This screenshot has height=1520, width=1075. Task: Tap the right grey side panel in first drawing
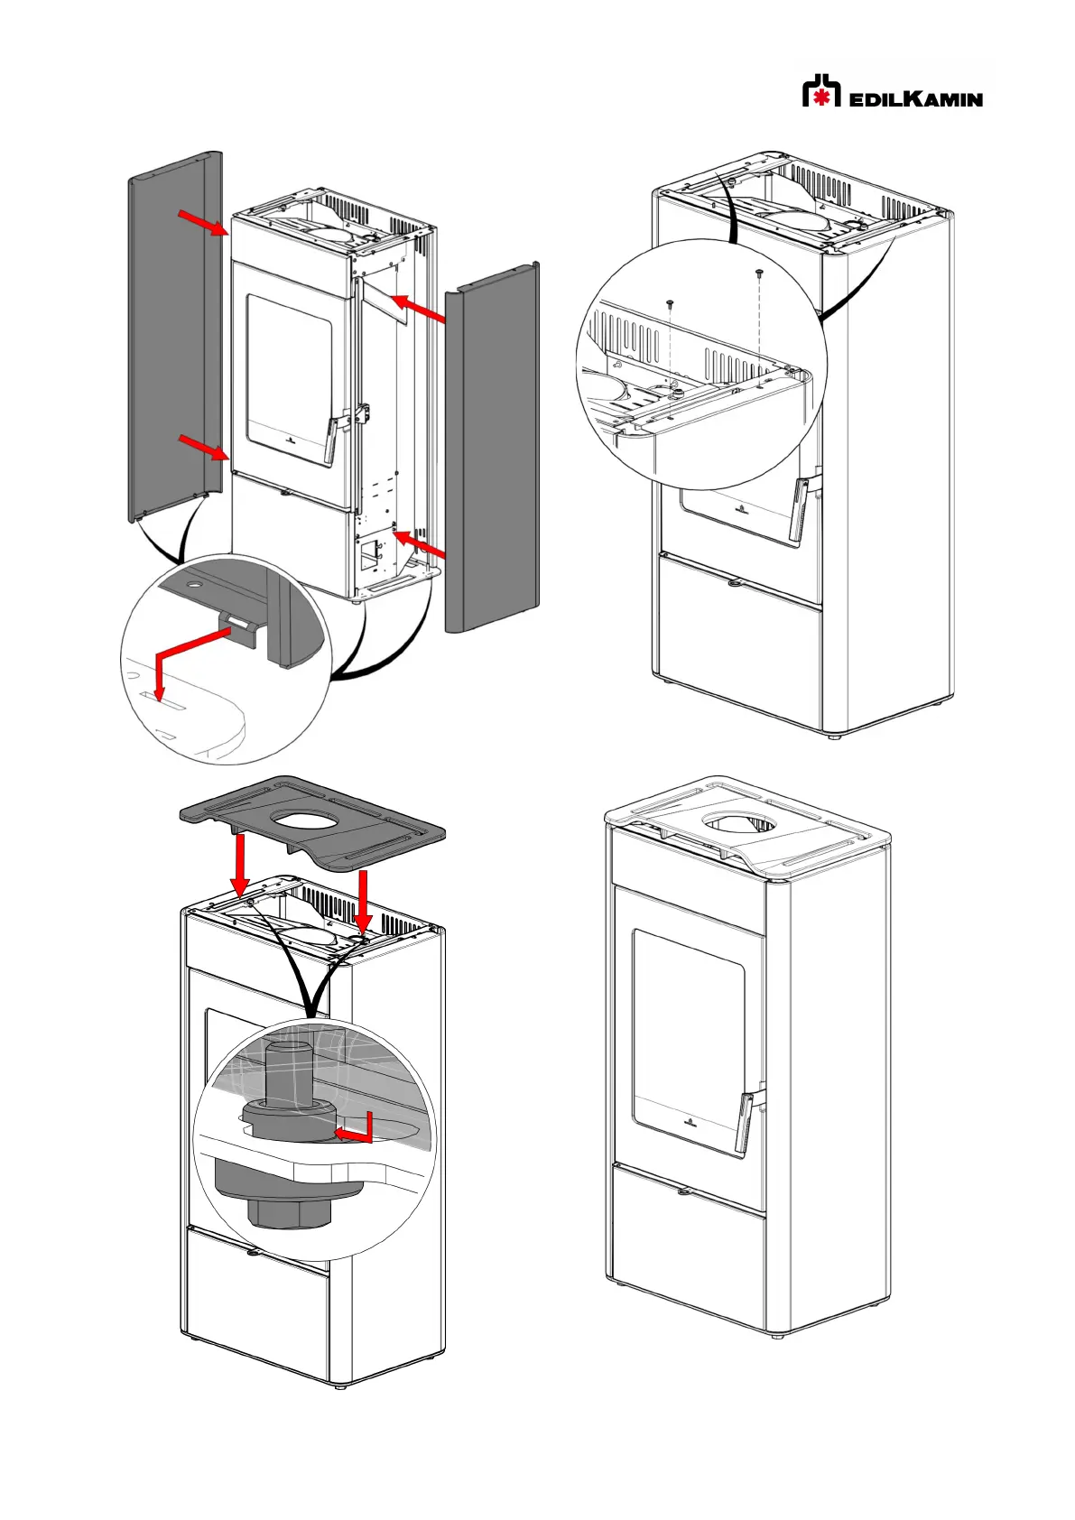tap(492, 451)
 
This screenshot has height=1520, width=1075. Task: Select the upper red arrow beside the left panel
tap(203, 222)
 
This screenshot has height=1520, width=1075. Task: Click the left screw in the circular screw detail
tap(670, 304)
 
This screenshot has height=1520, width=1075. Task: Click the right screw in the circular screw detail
tap(759, 272)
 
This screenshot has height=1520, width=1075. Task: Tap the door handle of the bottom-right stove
tap(746, 1122)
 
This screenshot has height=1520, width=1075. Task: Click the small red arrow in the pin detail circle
tap(357, 1131)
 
